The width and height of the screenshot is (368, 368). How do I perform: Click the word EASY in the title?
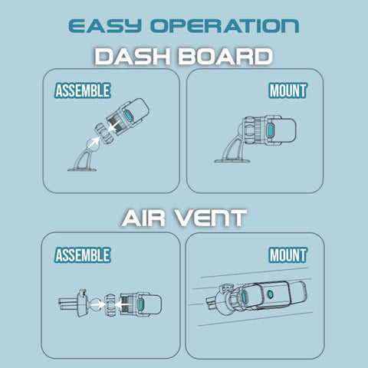[x=105, y=26]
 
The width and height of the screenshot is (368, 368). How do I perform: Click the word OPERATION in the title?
[x=225, y=26]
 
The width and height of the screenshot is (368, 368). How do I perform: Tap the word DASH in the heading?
[x=133, y=56]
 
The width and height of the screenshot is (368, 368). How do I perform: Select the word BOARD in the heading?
[x=225, y=56]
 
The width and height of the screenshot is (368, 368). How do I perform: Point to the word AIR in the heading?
[x=143, y=218]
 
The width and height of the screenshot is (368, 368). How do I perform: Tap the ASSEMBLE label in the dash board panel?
[x=83, y=90]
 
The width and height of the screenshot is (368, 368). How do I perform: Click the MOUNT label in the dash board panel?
[x=288, y=90]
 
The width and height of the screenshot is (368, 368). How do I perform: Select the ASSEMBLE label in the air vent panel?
[x=83, y=255]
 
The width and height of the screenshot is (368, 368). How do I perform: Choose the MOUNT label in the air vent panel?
[x=288, y=255]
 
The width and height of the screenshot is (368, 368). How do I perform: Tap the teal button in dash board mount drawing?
[x=270, y=130]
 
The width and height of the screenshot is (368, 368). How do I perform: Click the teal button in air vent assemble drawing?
[x=140, y=304]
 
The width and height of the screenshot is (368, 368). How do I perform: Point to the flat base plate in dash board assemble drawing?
[x=82, y=169]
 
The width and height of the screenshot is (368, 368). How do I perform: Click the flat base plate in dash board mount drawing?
[x=232, y=161]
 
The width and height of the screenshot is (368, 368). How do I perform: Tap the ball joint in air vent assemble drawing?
[x=95, y=304]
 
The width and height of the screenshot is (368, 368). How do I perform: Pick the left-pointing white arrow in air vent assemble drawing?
[x=121, y=304]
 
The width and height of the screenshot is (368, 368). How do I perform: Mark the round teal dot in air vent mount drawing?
[x=270, y=294]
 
